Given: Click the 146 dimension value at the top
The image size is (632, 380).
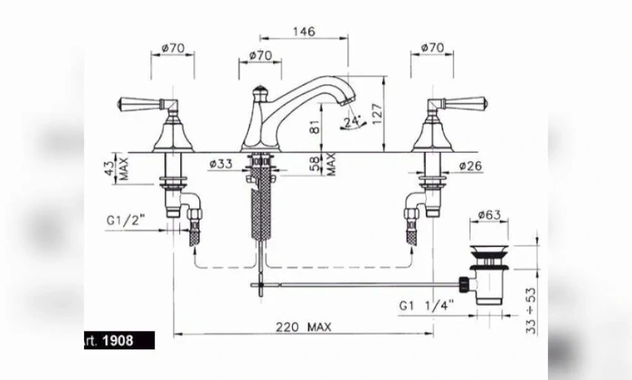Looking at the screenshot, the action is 304,31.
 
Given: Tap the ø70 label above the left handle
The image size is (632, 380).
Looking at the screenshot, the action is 173,48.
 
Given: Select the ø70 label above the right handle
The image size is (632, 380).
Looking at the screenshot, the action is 432,47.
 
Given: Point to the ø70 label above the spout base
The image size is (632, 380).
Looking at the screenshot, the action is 260,56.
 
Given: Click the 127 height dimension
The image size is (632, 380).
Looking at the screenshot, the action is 377,114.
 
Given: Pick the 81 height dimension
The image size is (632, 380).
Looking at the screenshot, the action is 315,127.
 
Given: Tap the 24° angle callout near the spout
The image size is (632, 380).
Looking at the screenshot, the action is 352,121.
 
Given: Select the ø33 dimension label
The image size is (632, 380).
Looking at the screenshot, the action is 221,164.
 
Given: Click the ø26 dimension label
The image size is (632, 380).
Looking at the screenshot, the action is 470,166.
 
